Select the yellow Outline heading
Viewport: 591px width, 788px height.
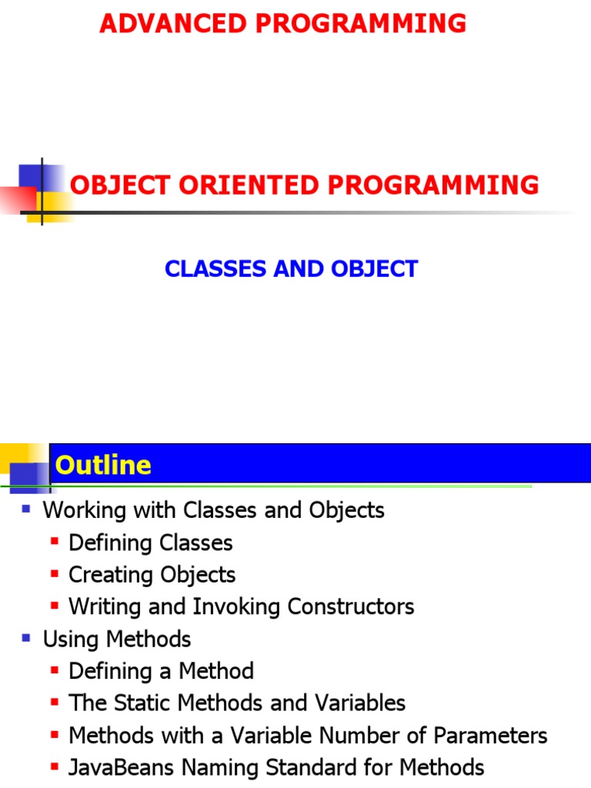pos(103,465)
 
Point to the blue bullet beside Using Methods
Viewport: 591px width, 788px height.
pos(26,638)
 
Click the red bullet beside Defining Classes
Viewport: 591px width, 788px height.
pos(54,542)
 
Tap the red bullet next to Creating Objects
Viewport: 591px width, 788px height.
pos(54,574)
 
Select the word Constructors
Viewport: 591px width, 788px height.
pos(350,606)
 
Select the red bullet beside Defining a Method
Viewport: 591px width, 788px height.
pos(54,670)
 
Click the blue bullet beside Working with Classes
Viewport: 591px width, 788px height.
pos(26,509)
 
